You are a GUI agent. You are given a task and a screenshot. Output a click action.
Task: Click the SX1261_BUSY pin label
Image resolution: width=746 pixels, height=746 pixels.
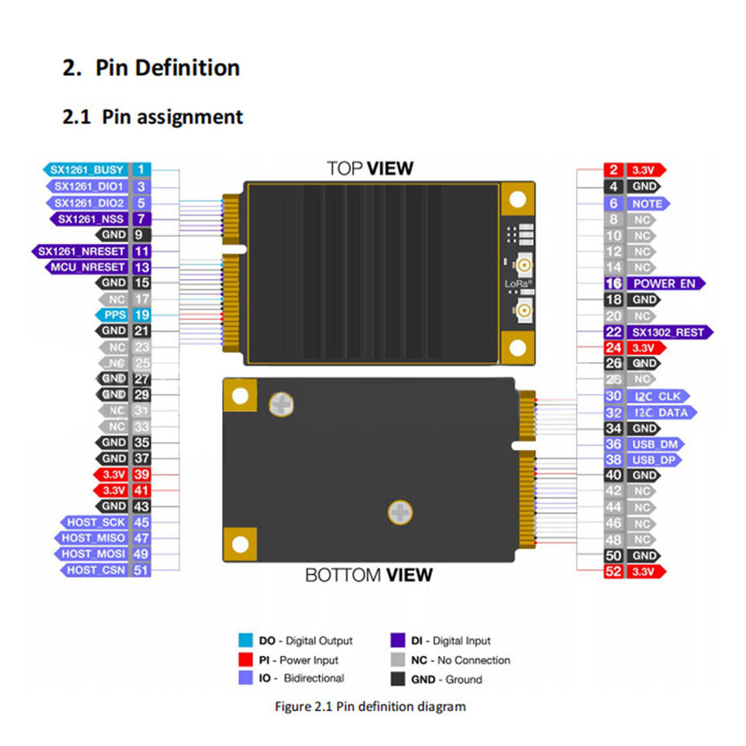87,169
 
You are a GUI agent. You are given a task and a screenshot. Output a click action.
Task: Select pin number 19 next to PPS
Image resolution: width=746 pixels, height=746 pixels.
141,315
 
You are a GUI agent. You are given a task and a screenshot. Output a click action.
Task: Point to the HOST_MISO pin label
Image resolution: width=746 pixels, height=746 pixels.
96,538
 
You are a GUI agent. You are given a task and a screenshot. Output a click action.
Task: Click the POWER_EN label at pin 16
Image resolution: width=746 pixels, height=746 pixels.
664,284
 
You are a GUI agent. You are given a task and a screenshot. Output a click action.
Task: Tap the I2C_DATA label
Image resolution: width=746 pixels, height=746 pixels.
660,413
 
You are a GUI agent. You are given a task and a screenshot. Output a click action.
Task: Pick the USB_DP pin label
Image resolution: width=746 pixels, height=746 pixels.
654,460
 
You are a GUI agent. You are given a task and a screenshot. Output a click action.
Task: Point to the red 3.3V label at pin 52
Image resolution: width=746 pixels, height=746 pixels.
645,572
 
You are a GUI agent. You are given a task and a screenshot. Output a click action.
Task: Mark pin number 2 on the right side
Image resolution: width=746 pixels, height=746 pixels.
614,170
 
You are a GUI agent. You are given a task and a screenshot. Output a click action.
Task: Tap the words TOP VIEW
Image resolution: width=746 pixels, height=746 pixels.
370,168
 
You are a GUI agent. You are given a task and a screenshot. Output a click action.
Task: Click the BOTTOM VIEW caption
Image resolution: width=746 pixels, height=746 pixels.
368,575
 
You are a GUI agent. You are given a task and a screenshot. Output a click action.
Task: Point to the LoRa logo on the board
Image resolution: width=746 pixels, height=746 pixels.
517,284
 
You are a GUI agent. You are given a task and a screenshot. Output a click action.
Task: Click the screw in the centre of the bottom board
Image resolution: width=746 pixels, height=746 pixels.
399,512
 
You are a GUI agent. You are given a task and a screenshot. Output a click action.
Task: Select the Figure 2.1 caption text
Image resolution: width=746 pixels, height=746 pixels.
371,706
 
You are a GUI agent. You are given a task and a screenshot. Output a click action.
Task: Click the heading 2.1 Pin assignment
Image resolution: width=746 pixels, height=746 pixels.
152,117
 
